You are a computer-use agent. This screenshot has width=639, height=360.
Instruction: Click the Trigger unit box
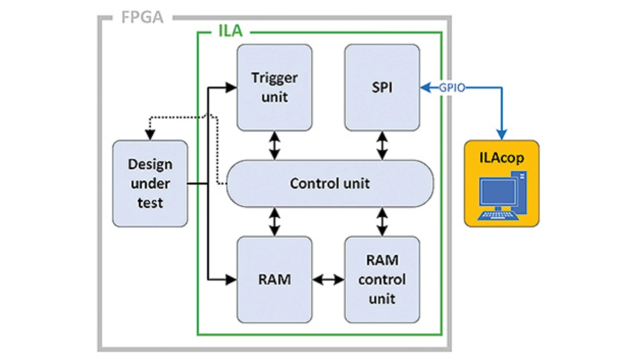(x=274, y=87)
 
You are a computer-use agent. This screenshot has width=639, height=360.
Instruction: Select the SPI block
(x=382, y=87)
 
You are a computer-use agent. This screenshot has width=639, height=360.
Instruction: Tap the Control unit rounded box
(x=329, y=183)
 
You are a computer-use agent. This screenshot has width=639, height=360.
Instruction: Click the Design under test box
(x=150, y=183)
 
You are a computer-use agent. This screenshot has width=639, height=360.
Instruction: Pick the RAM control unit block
(x=382, y=280)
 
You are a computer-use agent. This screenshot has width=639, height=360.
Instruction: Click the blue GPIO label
(x=452, y=88)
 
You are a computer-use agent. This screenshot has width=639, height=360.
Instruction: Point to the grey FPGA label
(x=142, y=17)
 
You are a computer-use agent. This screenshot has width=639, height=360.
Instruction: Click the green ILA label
(x=230, y=31)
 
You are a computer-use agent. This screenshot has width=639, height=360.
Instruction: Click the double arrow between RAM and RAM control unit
(x=328, y=280)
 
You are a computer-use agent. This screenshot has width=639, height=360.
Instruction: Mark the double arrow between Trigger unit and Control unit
(x=274, y=145)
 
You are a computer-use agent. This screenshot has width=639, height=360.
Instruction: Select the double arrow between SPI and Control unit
(x=382, y=145)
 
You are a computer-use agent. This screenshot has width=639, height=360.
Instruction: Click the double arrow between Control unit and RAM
(x=274, y=222)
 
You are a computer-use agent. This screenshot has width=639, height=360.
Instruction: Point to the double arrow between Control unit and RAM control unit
(x=382, y=222)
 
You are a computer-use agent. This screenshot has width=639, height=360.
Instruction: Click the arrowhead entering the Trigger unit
(x=231, y=88)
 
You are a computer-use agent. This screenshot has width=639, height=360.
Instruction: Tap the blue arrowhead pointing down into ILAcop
(x=502, y=134)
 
